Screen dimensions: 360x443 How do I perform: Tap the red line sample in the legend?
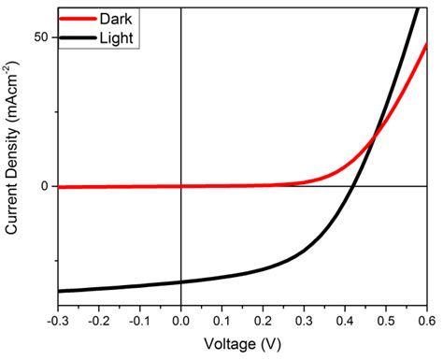[x=79, y=18]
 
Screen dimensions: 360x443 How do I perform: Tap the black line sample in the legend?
[x=79, y=36]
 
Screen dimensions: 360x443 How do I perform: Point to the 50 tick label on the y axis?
[x=42, y=36]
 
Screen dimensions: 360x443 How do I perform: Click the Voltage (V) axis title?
[x=241, y=344]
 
